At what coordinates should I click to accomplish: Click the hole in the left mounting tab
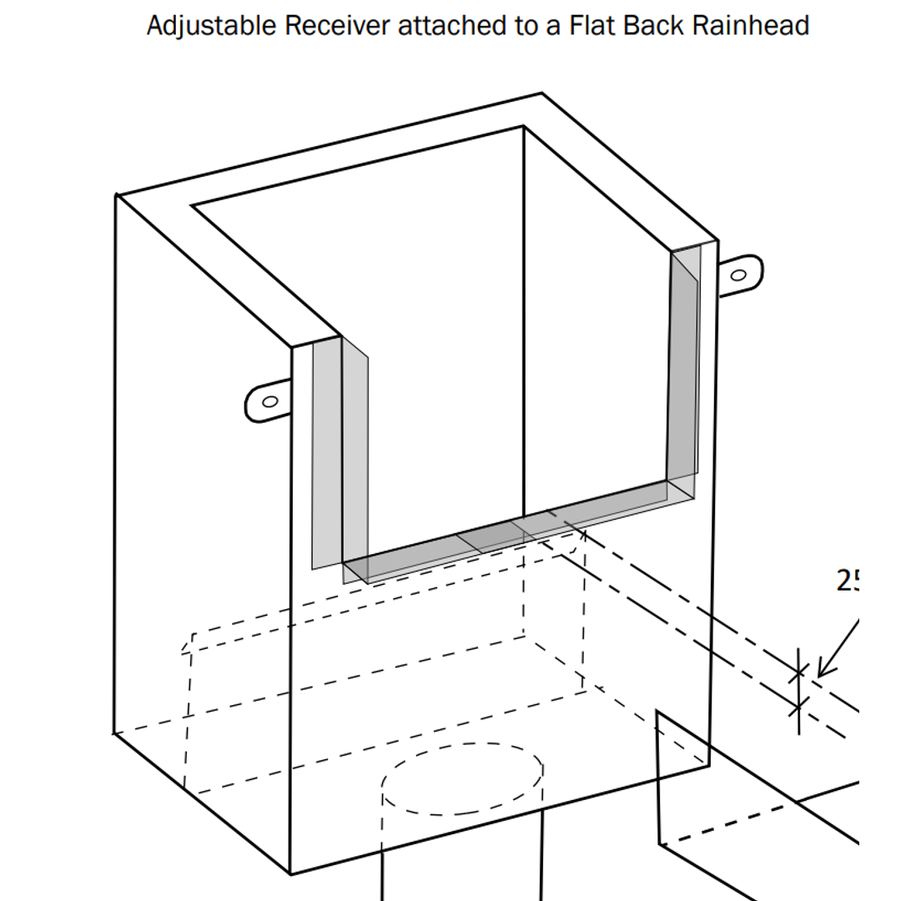pyautogui.click(x=269, y=402)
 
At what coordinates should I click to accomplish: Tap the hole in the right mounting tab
pyautogui.click(x=738, y=274)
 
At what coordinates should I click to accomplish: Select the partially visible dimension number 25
pyautogui.click(x=848, y=581)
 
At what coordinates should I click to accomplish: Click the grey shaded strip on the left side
pyautogui.click(x=327, y=455)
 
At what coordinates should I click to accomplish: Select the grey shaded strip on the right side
pyautogui.click(x=685, y=367)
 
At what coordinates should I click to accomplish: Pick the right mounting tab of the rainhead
pyautogui.click(x=740, y=274)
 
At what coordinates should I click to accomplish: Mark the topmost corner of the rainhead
pyautogui.click(x=541, y=93)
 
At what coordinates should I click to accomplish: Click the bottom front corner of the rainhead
pyautogui.click(x=290, y=873)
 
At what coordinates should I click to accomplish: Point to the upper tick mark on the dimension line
pyautogui.click(x=798, y=672)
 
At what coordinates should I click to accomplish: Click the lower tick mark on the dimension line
pyautogui.click(x=798, y=708)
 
